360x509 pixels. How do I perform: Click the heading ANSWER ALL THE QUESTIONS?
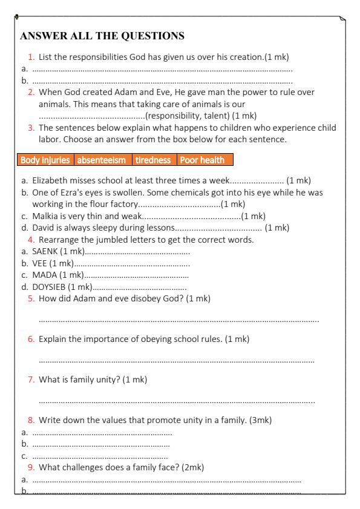[103, 36]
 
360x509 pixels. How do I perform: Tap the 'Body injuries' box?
[47, 160]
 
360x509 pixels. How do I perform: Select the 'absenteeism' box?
[100, 160]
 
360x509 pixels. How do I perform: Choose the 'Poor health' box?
[202, 160]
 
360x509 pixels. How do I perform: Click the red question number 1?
[33, 57]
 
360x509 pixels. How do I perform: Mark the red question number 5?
[31, 298]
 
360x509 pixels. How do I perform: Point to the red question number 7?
[31, 379]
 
